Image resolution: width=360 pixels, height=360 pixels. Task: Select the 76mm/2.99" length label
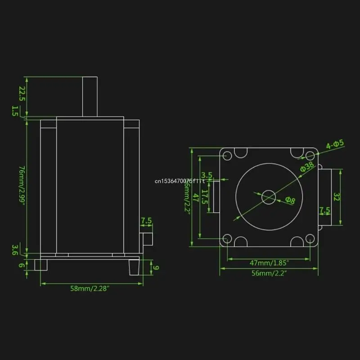coord(21,185)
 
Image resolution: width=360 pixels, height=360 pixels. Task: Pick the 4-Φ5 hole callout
coord(335,144)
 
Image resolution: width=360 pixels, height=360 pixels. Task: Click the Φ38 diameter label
coord(307,167)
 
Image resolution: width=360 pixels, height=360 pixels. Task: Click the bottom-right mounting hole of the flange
coord(310,239)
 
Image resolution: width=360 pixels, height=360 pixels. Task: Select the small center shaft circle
coord(269,197)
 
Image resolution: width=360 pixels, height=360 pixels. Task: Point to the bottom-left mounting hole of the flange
coord(227,239)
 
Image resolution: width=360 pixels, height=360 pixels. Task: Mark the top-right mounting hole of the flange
coord(310,156)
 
